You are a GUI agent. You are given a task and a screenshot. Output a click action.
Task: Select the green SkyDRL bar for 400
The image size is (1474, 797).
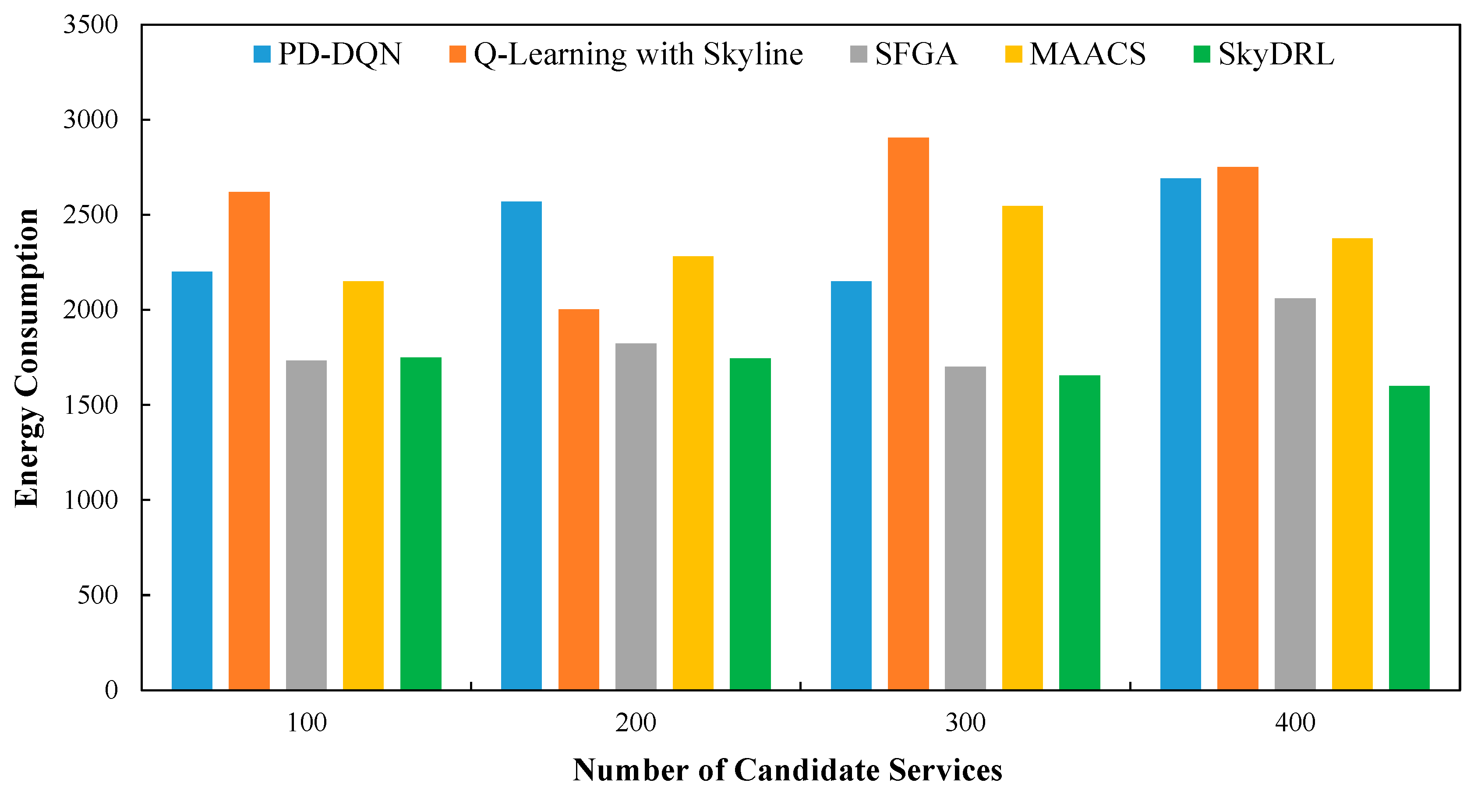point(1409,538)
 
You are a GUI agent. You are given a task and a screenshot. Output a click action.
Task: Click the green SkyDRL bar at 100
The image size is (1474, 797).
point(421,523)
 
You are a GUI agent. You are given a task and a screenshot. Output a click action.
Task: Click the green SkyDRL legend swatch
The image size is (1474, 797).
point(1202,54)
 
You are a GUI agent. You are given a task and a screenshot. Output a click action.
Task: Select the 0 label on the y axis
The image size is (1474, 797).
point(111,690)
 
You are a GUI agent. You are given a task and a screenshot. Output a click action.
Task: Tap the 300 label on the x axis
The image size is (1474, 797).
point(965,723)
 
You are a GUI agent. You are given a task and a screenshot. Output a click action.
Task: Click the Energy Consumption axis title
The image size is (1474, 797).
point(26,358)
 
